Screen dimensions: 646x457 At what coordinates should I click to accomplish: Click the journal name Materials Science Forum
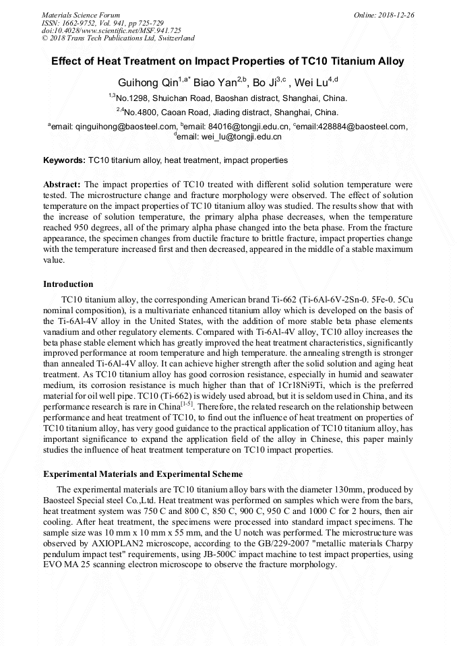(81, 15)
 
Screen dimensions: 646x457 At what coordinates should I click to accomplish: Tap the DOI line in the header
(111, 30)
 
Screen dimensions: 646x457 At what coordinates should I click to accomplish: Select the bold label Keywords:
(65, 160)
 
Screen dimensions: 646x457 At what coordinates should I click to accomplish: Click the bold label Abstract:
(62, 184)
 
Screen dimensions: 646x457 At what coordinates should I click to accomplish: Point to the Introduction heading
(68, 284)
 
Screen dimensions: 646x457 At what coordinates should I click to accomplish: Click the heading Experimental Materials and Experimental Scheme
(143, 474)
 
